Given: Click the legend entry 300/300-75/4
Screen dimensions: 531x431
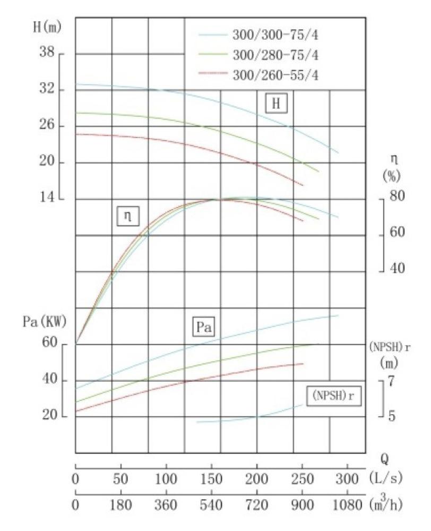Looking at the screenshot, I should click(x=275, y=36).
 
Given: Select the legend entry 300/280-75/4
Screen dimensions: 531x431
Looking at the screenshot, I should click(x=275, y=55).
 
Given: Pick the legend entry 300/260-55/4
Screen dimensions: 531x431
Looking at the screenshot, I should click(x=275, y=75).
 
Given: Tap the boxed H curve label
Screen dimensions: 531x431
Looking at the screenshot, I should click(x=275, y=104).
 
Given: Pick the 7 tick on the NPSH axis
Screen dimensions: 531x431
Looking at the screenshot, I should click(x=392, y=382).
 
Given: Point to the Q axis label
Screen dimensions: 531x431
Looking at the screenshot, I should click(x=386, y=457).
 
